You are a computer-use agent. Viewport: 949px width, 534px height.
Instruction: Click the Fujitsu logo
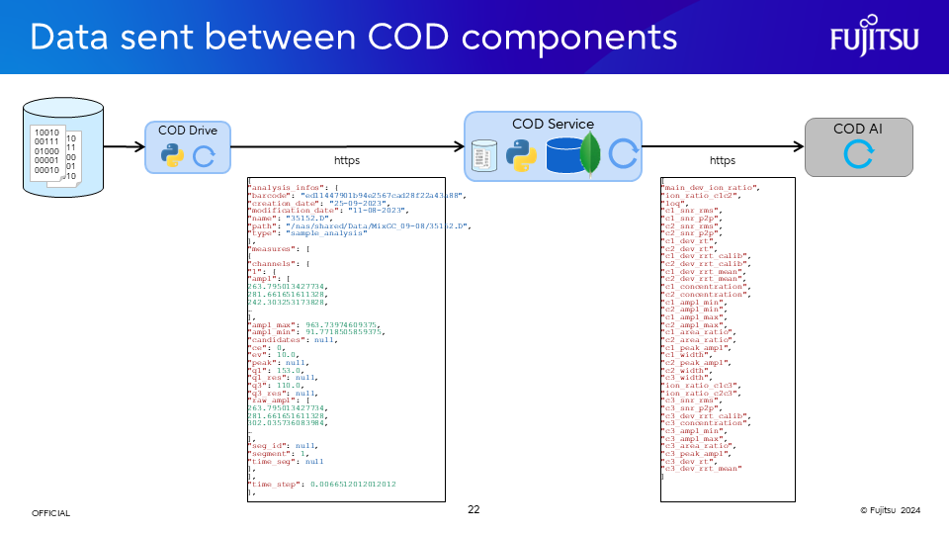click(x=874, y=38)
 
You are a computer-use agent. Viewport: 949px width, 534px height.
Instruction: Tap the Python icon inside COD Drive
click(x=172, y=155)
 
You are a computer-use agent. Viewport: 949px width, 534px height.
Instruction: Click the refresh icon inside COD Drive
click(x=204, y=155)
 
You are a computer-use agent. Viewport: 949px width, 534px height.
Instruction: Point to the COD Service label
click(x=553, y=124)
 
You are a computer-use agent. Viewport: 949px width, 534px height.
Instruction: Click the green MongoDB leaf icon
click(x=591, y=152)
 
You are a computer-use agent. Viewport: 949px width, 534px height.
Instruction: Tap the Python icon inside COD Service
click(x=521, y=154)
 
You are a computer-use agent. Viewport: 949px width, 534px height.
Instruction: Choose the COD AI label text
click(x=858, y=129)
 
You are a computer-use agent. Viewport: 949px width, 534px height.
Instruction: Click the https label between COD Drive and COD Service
click(x=346, y=160)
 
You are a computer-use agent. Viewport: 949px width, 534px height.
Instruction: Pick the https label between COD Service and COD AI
click(x=723, y=160)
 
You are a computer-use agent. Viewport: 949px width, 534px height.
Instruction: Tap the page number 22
click(x=474, y=509)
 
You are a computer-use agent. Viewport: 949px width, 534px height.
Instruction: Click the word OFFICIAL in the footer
click(x=51, y=513)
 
